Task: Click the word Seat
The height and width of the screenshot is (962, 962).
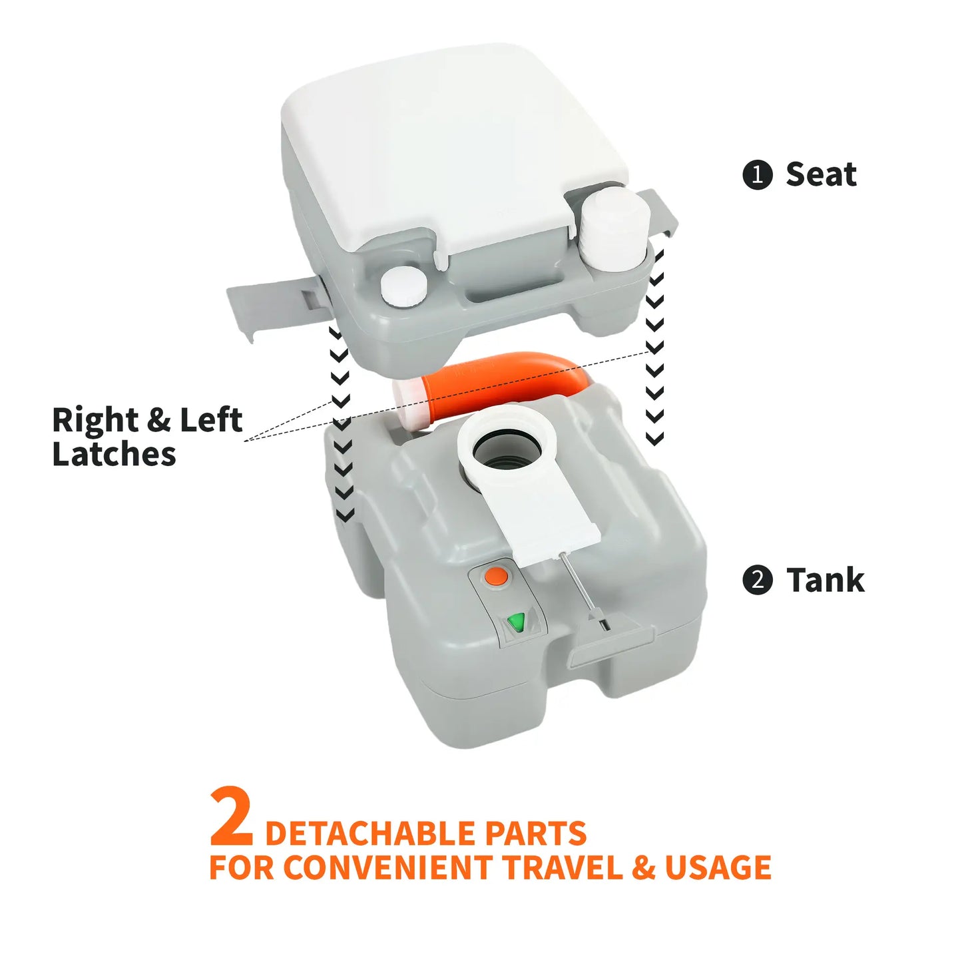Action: pyautogui.click(x=821, y=174)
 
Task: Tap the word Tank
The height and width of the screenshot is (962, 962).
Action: pyautogui.click(x=825, y=580)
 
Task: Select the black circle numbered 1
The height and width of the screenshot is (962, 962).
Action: pyautogui.click(x=757, y=175)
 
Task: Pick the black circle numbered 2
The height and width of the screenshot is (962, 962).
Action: pyautogui.click(x=757, y=580)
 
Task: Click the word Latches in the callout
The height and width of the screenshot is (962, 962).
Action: pyautogui.click(x=114, y=455)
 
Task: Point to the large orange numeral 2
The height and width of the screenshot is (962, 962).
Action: pyautogui.click(x=231, y=817)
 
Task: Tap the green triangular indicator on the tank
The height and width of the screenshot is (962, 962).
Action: pyautogui.click(x=515, y=623)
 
